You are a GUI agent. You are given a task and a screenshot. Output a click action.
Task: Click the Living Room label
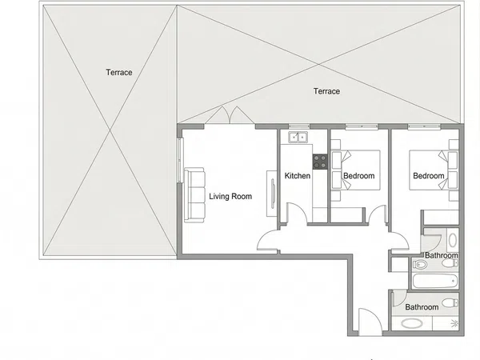click(x=230, y=196)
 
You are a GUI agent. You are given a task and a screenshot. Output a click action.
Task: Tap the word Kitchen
click(x=298, y=176)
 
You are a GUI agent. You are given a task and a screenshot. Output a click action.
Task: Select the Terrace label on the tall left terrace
click(x=119, y=72)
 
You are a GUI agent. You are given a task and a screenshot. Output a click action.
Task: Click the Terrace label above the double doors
click(x=326, y=91)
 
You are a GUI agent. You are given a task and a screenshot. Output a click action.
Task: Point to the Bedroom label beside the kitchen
click(x=358, y=176)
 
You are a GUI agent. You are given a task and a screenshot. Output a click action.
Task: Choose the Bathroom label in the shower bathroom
click(x=422, y=307)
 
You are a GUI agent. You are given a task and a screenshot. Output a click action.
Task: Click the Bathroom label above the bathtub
click(x=442, y=255)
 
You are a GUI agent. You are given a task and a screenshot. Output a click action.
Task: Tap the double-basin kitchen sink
click(x=298, y=137)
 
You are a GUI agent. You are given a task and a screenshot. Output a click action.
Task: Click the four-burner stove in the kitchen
click(x=320, y=162)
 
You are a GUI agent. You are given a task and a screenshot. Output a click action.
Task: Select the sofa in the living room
click(x=194, y=195)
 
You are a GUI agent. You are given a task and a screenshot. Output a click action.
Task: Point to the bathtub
click(x=435, y=281)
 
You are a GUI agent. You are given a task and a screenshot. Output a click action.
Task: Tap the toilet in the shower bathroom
click(x=450, y=303)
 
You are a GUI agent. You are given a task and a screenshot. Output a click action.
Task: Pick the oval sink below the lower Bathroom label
click(x=412, y=323)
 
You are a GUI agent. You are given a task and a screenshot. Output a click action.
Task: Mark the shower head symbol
click(x=455, y=322)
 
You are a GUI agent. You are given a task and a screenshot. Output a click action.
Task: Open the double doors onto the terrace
click(x=230, y=115)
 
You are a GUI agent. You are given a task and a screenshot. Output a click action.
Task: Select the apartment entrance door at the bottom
click(x=370, y=322)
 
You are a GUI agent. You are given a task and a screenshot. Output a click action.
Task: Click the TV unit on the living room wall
click(x=272, y=194)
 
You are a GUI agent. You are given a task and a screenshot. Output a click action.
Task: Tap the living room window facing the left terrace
click(x=180, y=161)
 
